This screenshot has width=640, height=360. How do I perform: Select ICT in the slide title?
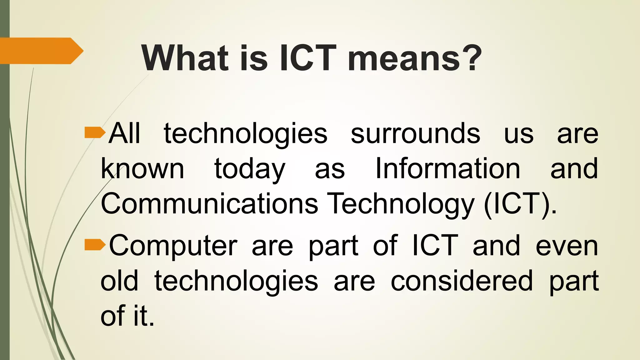tap(308, 58)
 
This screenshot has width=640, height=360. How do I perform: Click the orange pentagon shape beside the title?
tap(41, 51)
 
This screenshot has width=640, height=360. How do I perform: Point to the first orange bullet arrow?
tap(95, 132)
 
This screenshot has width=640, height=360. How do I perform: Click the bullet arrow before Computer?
tap(95, 245)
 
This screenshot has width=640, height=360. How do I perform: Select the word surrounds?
tap(415, 133)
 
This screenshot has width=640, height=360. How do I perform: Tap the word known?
tap(142, 169)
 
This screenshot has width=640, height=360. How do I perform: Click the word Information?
tap(447, 169)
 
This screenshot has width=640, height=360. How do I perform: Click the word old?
tap(119, 281)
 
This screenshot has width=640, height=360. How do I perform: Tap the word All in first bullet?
tap(124, 133)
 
